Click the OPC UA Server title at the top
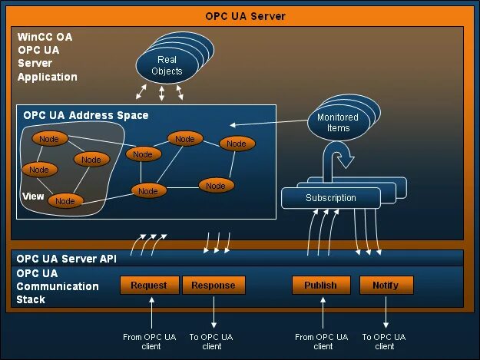pos(245,15)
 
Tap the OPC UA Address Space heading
pos(86,115)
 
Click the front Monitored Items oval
pos(338,123)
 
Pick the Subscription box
pos(331,198)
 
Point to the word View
pos(33,197)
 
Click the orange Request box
pos(149,285)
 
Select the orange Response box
pos(214,285)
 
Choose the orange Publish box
pos(320,285)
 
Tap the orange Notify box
pos(386,285)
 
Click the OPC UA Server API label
pos(66,259)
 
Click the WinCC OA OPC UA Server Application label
pos(48,56)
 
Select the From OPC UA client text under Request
pos(150,342)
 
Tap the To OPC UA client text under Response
pos(212,342)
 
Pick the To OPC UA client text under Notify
pos(384,342)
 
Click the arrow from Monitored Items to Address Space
pos(269,123)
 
